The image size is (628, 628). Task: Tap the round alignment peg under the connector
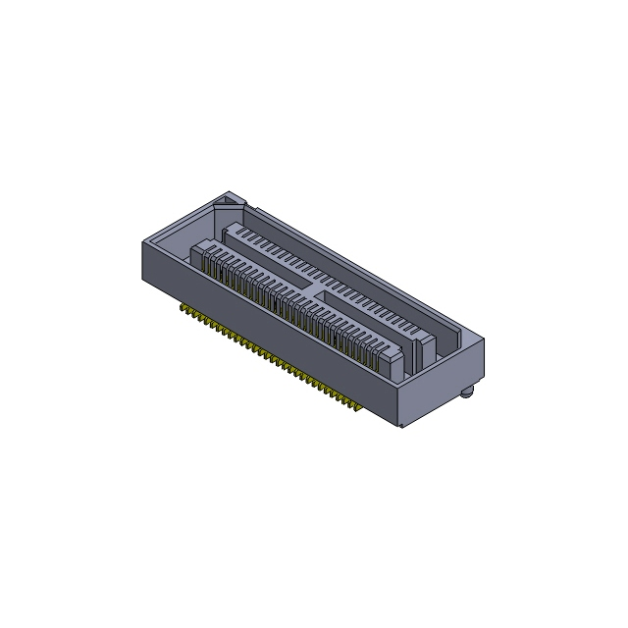pos(468,392)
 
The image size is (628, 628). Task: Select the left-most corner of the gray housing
pos(142,240)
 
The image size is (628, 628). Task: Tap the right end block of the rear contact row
pos(426,343)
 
